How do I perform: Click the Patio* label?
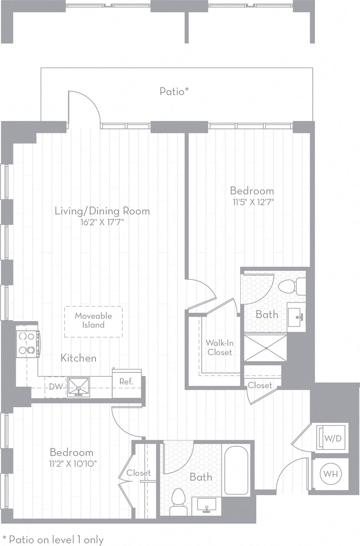[174, 91]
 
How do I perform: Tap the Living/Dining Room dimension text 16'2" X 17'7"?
[102, 222]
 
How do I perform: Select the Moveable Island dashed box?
[93, 321]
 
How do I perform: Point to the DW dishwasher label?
[56, 387]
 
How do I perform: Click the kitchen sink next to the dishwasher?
[78, 387]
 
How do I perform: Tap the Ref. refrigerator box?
[126, 382]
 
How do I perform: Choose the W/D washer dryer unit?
[333, 438]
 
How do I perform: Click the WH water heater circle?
[331, 474]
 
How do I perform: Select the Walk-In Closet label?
[220, 347]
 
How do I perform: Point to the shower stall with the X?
[266, 348]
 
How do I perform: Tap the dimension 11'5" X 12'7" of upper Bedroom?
[253, 202]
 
